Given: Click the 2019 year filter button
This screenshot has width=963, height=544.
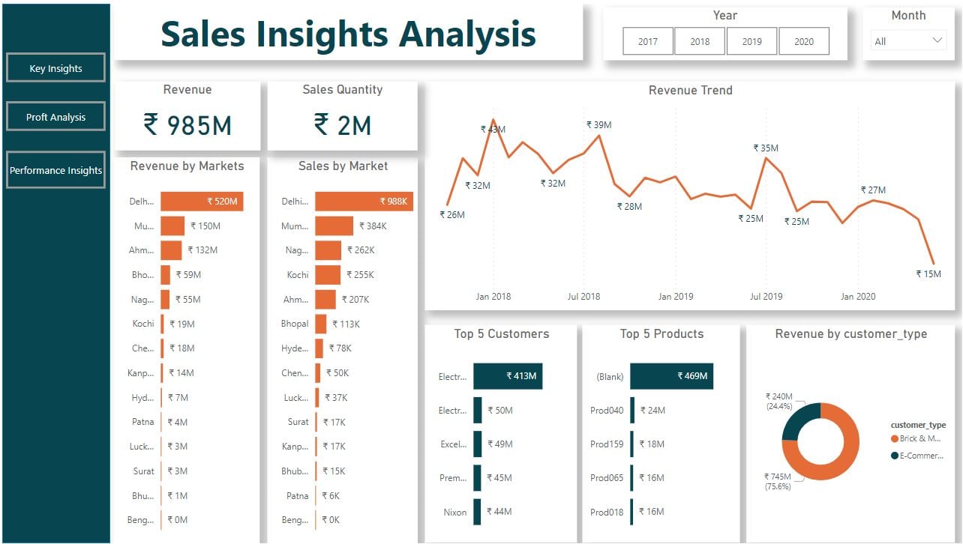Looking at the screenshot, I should tap(751, 42).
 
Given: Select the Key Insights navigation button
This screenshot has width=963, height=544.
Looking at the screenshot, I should tap(55, 68).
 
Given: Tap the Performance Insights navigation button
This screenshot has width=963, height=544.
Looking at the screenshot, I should tap(55, 170).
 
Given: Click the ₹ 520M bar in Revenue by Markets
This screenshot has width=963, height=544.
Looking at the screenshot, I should tap(202, 202).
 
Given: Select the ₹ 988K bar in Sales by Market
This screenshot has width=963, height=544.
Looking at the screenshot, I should tap(364, 202).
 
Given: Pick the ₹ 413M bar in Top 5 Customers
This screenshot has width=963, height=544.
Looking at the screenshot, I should tap(508, 376).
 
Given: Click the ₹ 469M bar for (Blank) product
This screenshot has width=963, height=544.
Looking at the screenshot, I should tap(671, 376).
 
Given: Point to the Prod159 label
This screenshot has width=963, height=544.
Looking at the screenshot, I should tap(607, 444).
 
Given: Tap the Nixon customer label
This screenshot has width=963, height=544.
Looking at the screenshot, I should tap(454, 513).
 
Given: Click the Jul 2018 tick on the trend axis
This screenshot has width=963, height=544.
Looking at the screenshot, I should tap(583, 297).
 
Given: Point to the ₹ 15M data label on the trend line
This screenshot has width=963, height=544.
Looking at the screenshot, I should tap(928, 274).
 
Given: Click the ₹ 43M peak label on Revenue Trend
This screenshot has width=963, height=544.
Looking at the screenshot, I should tap(493, 130).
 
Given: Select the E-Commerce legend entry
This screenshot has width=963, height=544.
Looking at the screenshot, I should tap(922, 456).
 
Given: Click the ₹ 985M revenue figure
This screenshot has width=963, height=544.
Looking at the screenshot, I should tap(187, 125).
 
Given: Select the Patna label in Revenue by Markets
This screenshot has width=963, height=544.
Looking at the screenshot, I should tap(142, 423).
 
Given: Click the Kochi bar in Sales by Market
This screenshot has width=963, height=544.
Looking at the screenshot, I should tap(328, 275).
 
